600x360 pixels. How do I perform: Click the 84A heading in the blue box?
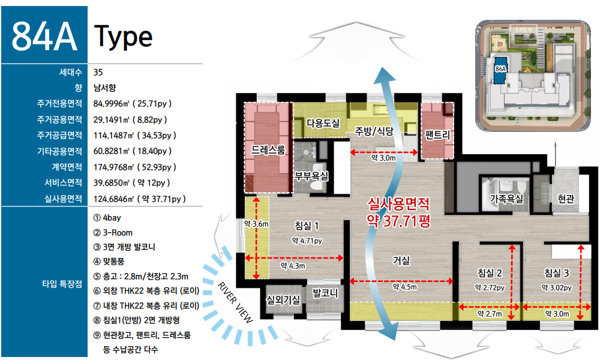click(44, 37)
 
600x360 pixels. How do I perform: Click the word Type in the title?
click(123, 37)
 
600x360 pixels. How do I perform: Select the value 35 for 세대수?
click(98, 73)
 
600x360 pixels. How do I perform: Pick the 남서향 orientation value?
click(104, 88)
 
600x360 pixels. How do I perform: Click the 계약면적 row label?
click(67, 167)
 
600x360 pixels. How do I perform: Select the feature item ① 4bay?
click(107, 218)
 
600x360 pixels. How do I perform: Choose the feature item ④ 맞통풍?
click(109, 262)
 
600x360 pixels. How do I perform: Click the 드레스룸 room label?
click(268, 150)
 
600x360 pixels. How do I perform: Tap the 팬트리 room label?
click(437, 134)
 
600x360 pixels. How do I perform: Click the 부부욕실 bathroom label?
click(311, 176)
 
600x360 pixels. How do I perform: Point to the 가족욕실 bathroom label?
click(506, 198)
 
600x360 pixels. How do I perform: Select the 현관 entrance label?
click(566, 199)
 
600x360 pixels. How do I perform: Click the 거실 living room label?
click(401, 260)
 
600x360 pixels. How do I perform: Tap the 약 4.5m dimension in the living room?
click(405, 287)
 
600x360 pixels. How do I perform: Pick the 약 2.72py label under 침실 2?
click(490, 287)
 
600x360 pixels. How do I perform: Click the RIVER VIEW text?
click(235, 302)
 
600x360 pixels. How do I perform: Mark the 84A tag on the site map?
click(500, 69)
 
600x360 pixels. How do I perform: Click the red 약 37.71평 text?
click(399, 221)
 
